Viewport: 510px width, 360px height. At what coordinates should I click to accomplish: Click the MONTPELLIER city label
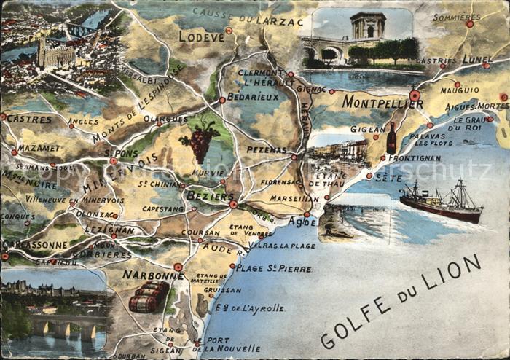pos(382,102)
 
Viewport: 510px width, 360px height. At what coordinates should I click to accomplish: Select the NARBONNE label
pos(152,275)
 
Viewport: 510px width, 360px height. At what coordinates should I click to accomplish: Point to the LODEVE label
pos(201,36)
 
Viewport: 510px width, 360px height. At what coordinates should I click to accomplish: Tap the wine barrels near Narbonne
pos(149,296)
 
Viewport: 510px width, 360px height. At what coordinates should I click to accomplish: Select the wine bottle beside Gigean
pos(391,138)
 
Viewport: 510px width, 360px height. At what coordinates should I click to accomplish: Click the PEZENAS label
pos(267,149)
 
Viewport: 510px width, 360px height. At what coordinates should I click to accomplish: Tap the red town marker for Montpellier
pos(415,95)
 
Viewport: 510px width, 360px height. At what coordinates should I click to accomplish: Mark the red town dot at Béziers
pos(233,205)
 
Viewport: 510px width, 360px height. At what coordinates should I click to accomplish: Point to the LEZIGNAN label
pos(109,230)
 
